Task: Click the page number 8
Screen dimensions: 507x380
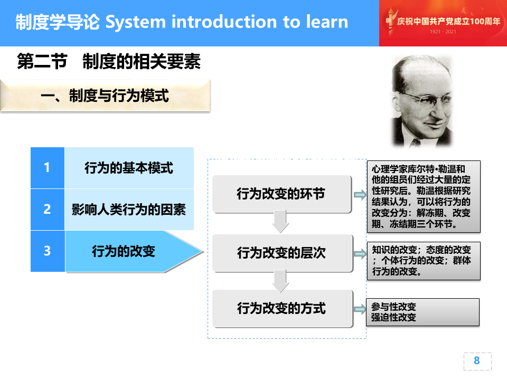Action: pos(476,360)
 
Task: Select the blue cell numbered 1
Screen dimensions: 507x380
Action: pos(48,168)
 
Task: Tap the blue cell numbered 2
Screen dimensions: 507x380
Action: pos(48,210)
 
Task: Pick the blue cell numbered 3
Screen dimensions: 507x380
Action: pos(48,251)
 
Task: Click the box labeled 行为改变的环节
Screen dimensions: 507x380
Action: pos(281,194)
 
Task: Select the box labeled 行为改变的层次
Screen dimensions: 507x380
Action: pos(282,253)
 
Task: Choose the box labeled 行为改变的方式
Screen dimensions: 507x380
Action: pos(282,309)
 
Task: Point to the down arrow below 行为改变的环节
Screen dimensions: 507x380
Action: pos(280,221)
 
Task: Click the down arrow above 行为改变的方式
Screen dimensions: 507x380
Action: pos(280,281)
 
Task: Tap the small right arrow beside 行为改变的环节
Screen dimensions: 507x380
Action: pos(360,195)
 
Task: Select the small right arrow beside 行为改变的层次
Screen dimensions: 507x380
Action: pos(360,254)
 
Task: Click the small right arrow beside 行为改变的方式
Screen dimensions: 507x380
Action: pos(360,309)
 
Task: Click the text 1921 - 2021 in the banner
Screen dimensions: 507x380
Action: pos(443,32)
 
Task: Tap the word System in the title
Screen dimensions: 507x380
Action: pos(136,23)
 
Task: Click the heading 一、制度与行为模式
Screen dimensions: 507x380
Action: pos(105,96)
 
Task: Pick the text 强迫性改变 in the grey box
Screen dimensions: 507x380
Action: pos(393,317)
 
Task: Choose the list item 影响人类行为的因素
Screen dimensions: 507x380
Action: pos(129,210)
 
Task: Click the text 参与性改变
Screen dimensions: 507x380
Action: pos(393,306)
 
